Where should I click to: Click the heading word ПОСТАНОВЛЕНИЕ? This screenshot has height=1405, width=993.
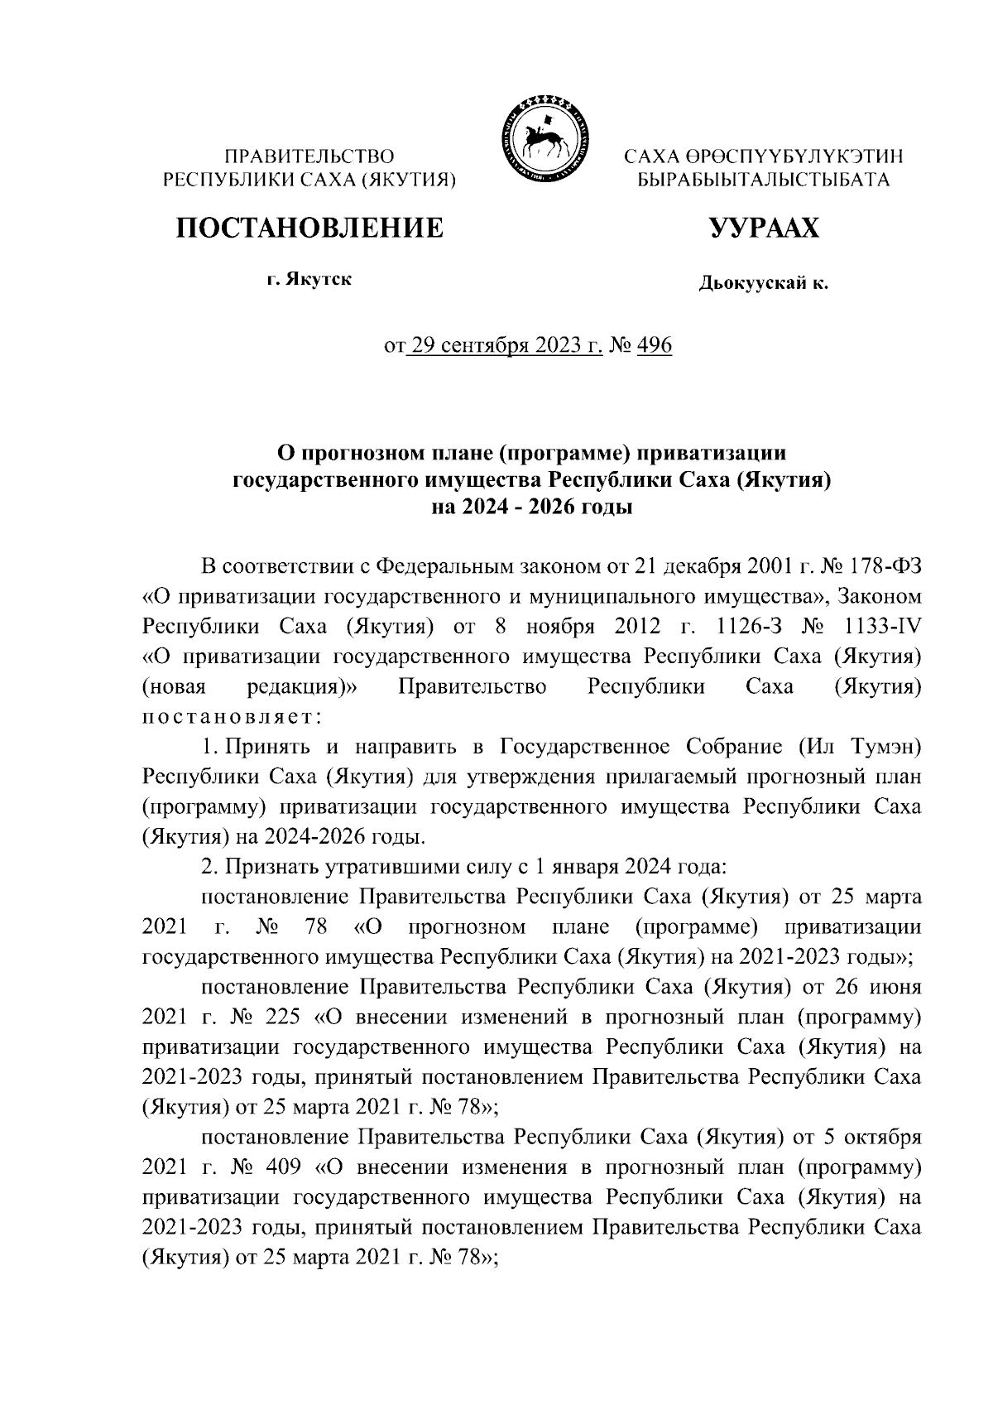(x=308, y=228)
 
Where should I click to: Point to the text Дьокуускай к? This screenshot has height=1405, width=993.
(x=763, y=285)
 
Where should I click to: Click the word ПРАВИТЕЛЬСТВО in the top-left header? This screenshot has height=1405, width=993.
(x=310, y=156)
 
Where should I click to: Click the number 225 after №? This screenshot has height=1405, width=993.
(x=283, y=1017)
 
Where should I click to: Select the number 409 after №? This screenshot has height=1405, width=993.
(x=283, y=1167)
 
